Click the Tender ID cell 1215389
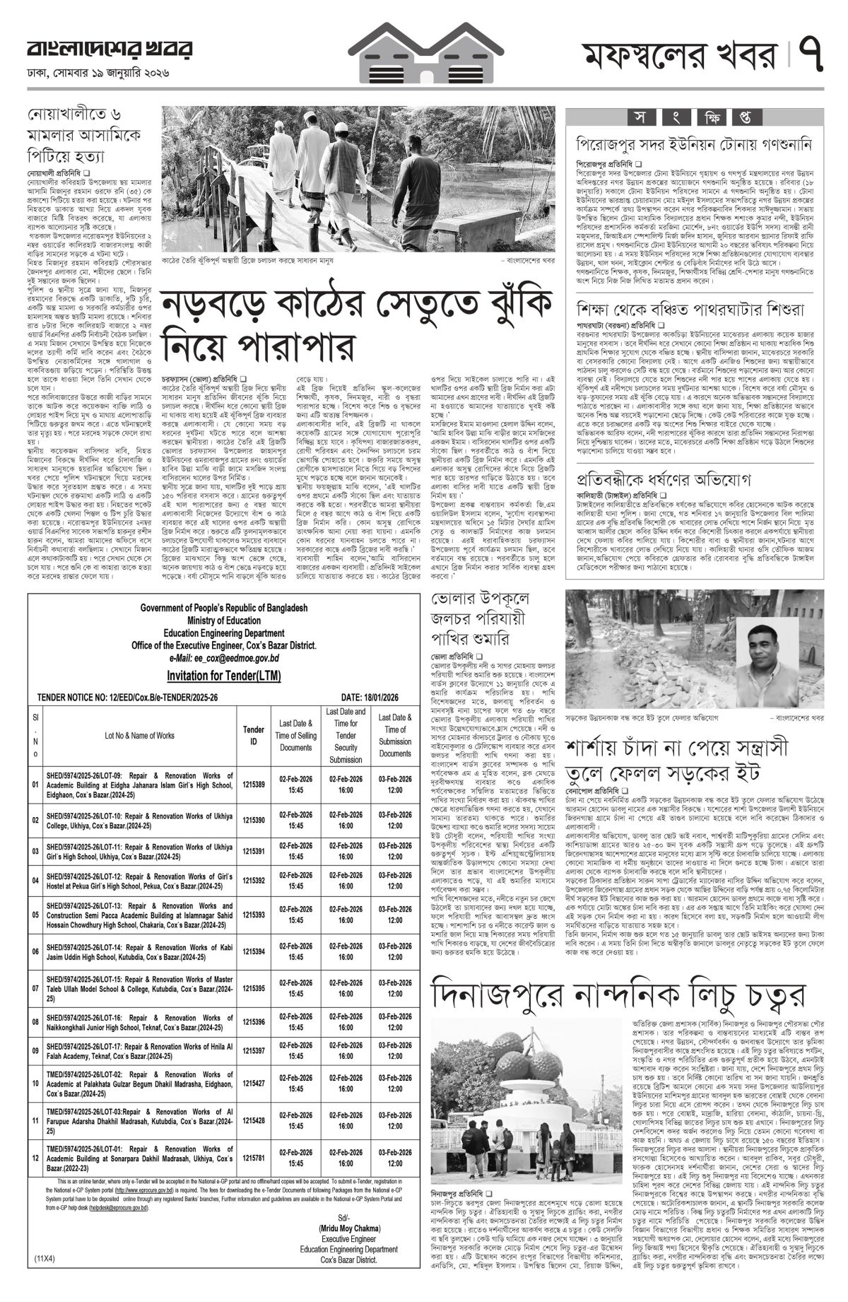(x=254, y=785)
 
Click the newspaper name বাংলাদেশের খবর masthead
(x=109, y=51)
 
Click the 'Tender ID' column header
(x=254, y=735)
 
